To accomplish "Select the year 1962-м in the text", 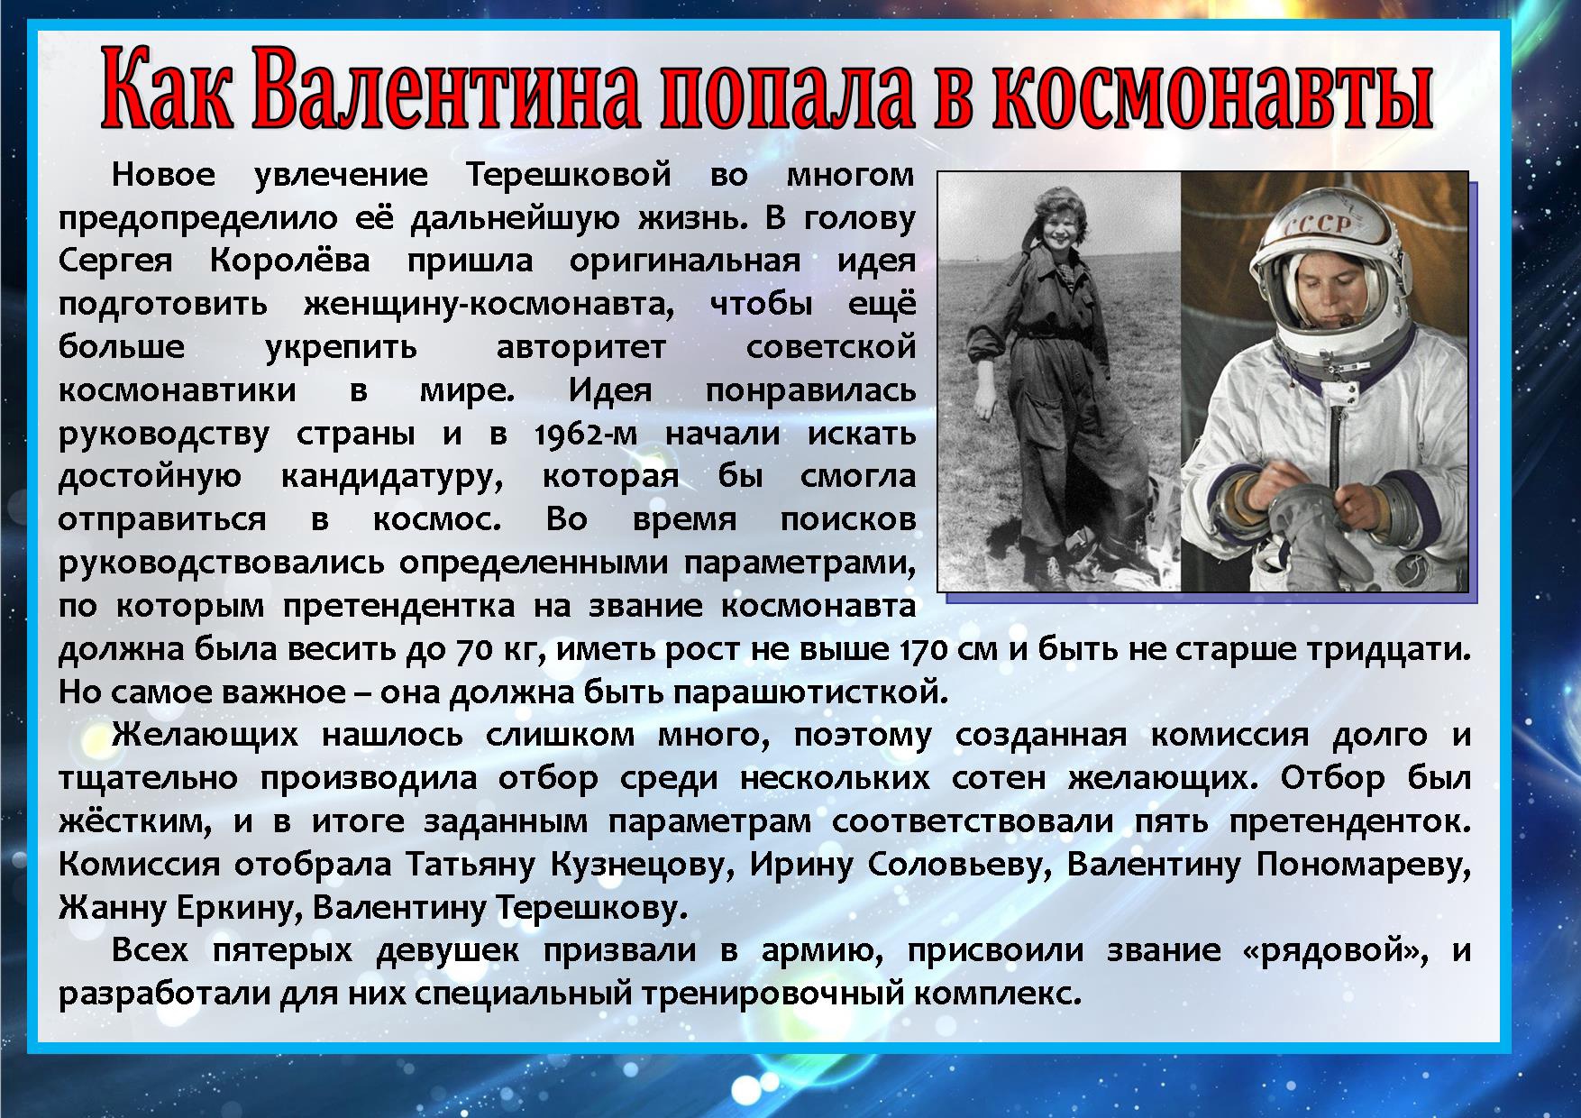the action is click(586, 434).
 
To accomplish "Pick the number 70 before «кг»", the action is click(474, 650).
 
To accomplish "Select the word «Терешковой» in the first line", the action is click(569, 175).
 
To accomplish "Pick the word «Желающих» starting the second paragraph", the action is click(205, 736).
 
